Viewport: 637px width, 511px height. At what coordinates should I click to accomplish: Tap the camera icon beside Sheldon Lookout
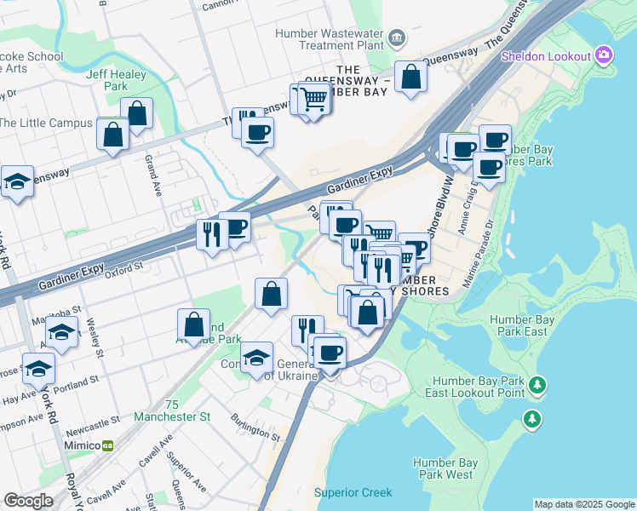pos(604,56)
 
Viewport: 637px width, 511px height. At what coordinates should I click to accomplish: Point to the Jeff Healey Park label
pos(117,80)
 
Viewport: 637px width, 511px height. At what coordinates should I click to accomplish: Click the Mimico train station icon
pos(108,445)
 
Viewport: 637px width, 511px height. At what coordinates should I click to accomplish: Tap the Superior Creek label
pos(353,492)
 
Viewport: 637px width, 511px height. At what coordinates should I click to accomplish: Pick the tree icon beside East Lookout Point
pos(537,386)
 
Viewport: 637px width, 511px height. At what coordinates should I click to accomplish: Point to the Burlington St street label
pos(256,426)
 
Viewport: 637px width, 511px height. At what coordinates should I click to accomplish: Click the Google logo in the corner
pos(28,501)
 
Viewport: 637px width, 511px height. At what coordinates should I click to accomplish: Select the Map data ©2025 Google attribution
pos(584,504)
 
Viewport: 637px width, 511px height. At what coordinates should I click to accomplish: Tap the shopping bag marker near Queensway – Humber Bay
pos(410,78)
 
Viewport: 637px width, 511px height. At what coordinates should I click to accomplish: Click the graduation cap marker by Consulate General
pos(256,359)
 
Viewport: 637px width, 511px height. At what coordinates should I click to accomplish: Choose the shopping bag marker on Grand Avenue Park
pos(194,324)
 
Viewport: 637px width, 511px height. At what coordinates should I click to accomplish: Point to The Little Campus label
pos(46,123)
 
